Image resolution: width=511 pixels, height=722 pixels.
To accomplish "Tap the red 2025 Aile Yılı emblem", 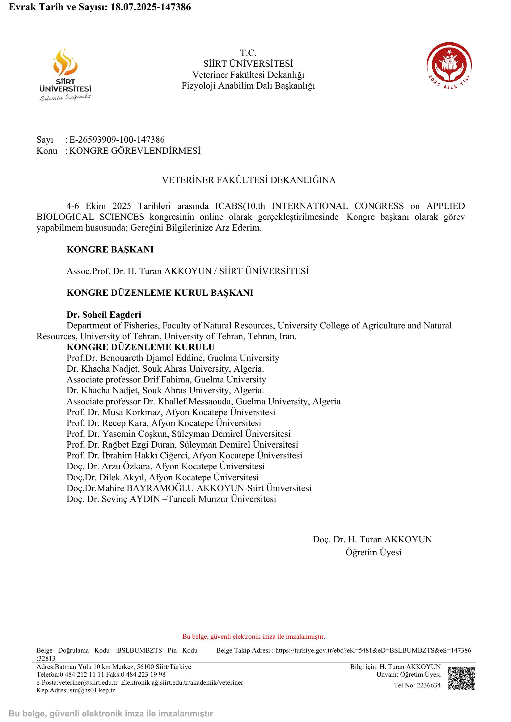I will (449, 65).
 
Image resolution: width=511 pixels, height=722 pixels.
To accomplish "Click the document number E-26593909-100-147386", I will (117, 140).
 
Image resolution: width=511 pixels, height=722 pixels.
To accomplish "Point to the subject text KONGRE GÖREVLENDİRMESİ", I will (135, 151).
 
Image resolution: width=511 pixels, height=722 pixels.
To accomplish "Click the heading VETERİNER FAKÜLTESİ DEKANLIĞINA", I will (249, 180).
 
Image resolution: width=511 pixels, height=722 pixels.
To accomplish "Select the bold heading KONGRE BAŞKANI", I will (110, 250).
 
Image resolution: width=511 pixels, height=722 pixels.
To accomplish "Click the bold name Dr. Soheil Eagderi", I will (104, 315).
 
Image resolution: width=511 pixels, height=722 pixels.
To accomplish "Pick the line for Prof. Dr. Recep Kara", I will (164, 423).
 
